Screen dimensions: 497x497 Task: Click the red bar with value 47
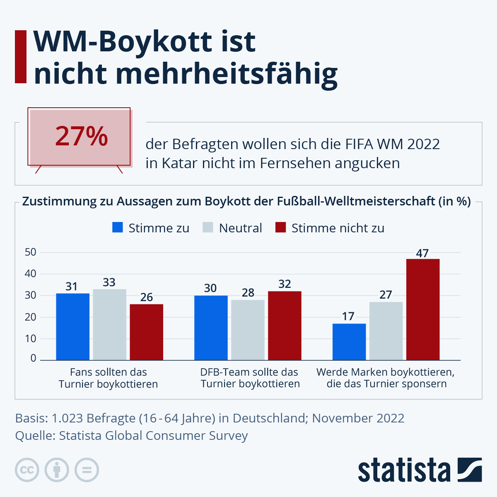coord(422,309)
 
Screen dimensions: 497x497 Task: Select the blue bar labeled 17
coord(349,342)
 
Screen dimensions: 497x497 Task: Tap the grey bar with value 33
coord(109,324)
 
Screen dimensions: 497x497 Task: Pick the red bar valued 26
coord(146,332)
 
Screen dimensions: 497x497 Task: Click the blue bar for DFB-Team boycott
coord(211,328)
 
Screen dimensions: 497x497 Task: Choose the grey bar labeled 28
coord(248,330)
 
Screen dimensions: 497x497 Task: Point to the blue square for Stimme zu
coord(118,227)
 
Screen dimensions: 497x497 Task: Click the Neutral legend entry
coord(232,228)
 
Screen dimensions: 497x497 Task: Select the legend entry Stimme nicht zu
coord(330,228)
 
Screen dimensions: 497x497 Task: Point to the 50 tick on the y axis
coord(31,252)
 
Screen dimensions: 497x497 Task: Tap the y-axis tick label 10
coord(31,338)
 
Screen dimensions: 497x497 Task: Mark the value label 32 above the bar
coord(285,284)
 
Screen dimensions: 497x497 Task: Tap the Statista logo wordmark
coord(404,470)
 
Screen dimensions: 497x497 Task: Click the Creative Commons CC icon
coord(27,470)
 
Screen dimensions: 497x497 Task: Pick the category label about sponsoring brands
coord(386,378)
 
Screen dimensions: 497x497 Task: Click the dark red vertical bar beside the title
coord(21,56)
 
